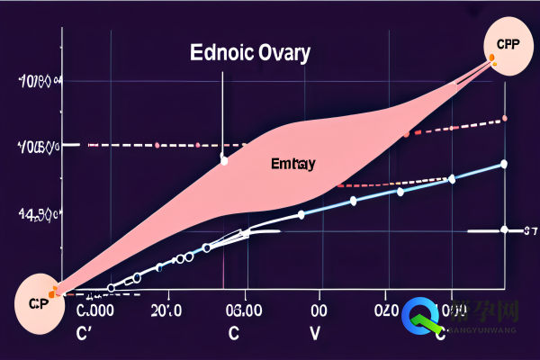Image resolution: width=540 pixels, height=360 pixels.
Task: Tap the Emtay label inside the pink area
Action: (x=292, y=165)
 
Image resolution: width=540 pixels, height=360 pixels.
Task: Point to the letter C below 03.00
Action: (x=234, y=332)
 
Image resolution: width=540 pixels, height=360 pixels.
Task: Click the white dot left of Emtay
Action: (x=224, y=160)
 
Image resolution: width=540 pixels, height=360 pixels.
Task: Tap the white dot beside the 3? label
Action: (x=505, y=229)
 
